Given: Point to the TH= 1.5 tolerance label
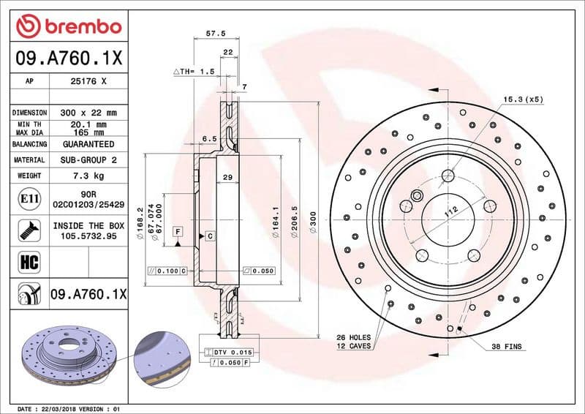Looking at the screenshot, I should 194,72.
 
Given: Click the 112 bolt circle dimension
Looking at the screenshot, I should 451,212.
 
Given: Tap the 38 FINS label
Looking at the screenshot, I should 506,346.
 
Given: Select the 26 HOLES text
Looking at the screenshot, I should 354,337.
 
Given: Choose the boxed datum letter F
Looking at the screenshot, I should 177,231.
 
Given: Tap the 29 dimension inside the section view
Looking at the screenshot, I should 227,178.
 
